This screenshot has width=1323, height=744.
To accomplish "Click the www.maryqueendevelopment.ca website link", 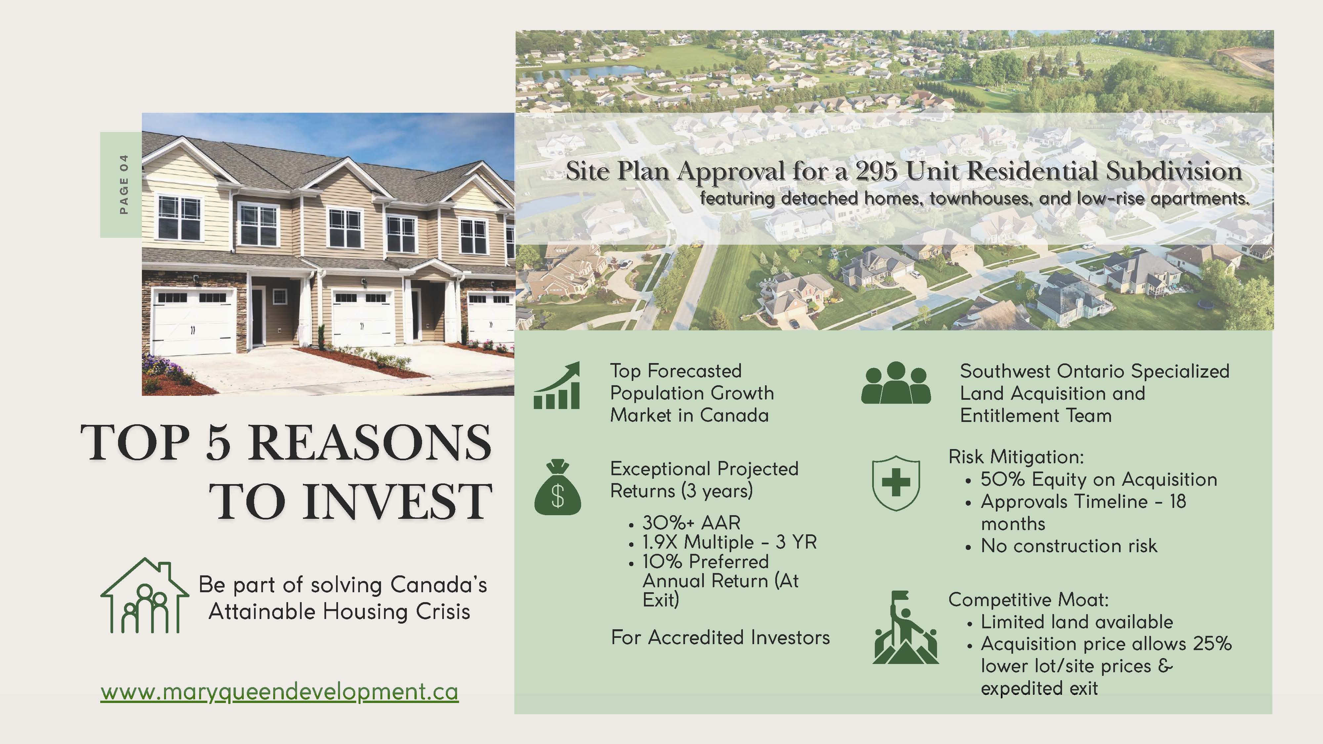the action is [279, 692].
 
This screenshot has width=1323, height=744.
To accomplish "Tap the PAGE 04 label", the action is [123, 184].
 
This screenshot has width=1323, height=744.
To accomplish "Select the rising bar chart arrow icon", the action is [557, 385].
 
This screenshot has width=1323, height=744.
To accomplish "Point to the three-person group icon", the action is [896, 383].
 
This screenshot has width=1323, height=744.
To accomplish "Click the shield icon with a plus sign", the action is [896, 483].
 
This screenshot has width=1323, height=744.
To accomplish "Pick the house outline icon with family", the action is [144, 596].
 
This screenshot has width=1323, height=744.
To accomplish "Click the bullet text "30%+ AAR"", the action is [691, 523].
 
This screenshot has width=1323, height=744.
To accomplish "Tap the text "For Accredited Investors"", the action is [720, 637].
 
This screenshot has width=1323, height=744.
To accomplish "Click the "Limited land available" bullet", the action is [1077, 622].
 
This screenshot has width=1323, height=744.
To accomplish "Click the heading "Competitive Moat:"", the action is [1029, 599].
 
